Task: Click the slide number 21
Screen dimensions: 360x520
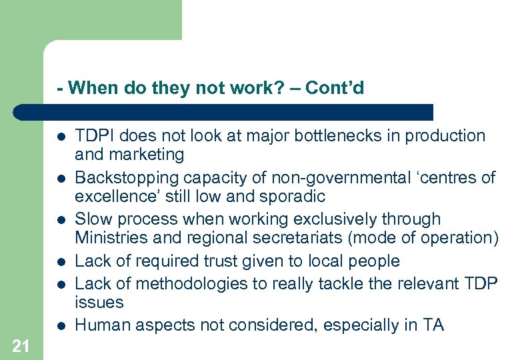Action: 20,345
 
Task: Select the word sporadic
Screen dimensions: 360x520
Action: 295,197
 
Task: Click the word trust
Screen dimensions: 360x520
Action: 217,261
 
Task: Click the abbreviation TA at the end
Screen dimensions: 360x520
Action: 433,325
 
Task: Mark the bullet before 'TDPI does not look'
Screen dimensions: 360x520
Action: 61,137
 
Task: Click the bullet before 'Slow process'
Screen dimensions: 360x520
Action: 61,220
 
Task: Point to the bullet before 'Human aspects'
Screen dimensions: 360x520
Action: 61,325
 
